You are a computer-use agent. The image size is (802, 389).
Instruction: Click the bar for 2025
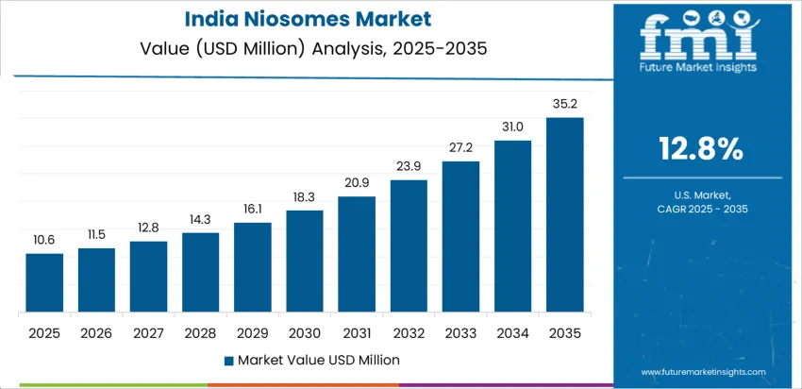point(44,283)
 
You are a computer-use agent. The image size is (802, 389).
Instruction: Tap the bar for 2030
point(305,262)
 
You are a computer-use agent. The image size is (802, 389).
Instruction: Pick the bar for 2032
point(409,246)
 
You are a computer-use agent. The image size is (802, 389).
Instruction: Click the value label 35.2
point(564,105)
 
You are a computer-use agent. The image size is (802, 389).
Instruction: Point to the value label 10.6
point(44,241)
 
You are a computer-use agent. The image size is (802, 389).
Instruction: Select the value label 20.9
point(357,183)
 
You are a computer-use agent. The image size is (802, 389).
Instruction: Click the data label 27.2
point(460,148)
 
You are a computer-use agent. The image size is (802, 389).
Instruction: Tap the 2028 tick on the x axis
point(200,333)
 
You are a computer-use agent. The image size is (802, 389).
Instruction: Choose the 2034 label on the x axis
point(512,333)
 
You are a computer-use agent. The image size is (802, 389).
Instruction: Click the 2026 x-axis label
point(96,333)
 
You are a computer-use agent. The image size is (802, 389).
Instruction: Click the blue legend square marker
point(229,360)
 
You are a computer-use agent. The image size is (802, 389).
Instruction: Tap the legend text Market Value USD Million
point(319,360)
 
